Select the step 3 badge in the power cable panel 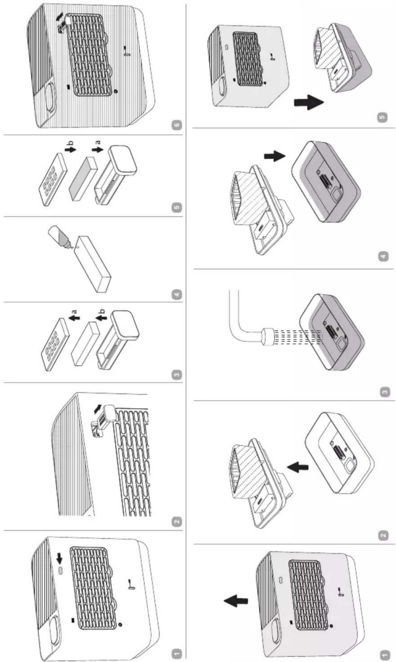pyautogui.click(x=385, y=392)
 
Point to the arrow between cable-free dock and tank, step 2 pyautogui.click(x=298, y=466)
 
